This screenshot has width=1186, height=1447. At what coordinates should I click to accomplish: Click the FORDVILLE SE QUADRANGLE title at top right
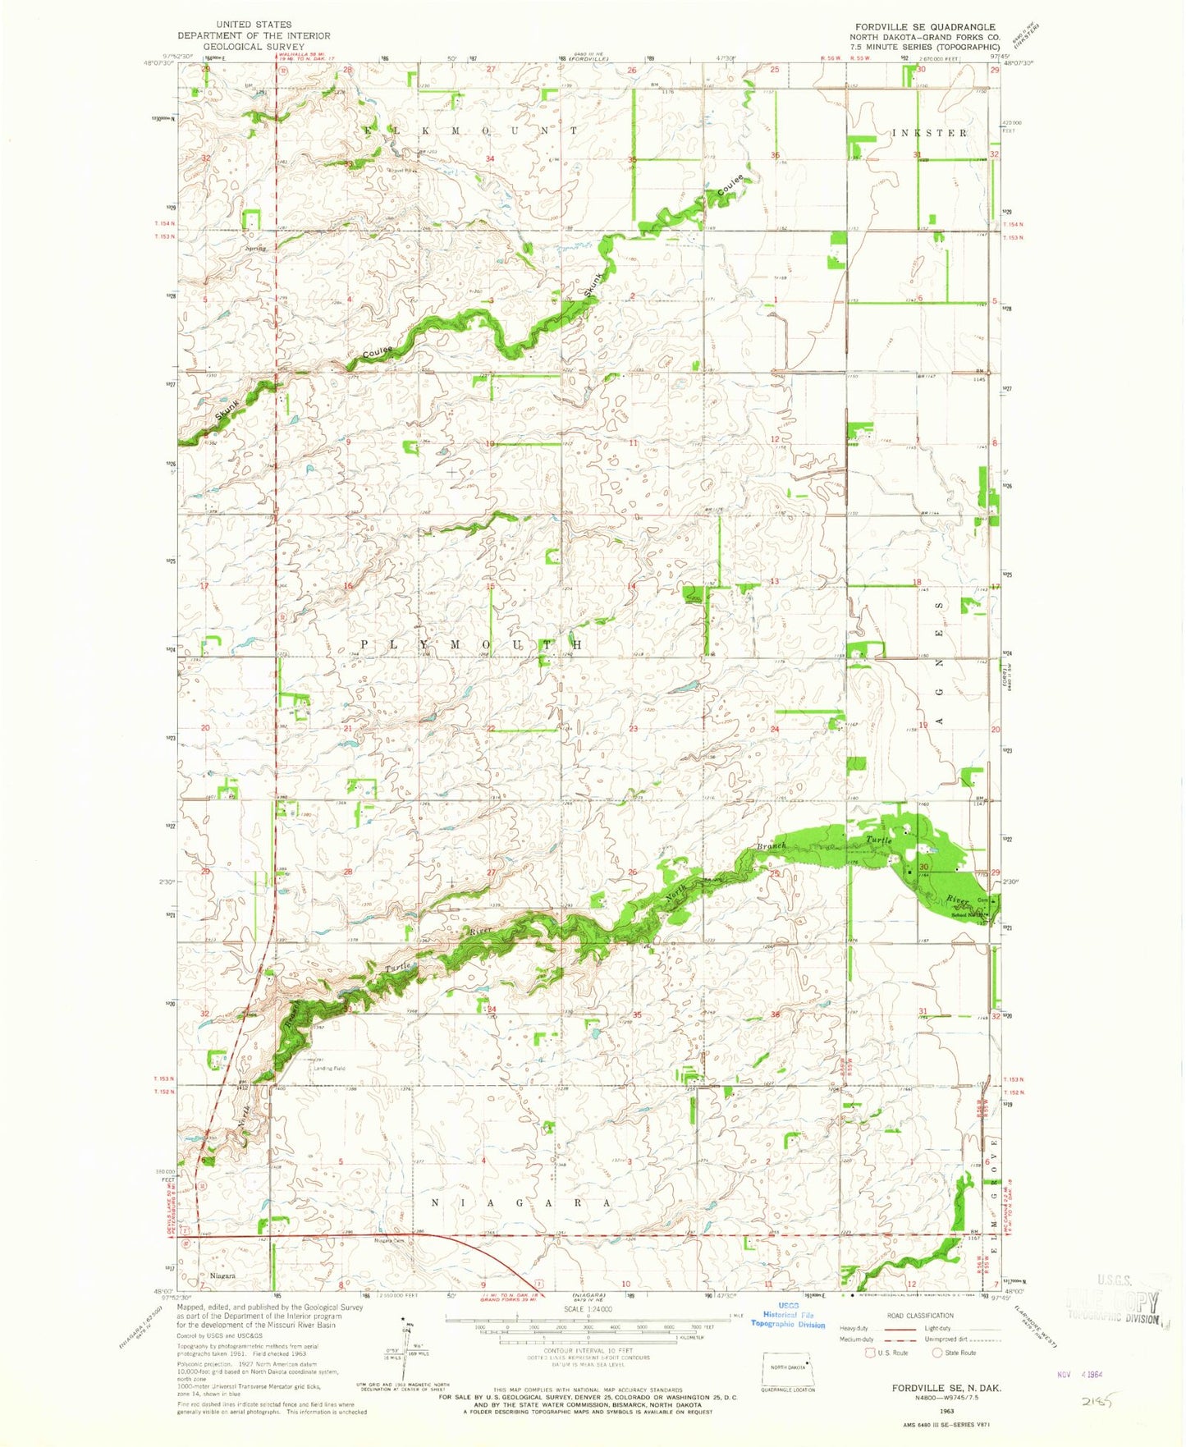(923, 26)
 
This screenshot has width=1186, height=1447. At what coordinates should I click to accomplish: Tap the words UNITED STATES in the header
(254, 25)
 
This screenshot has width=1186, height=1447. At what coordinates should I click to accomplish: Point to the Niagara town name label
(222, 1276)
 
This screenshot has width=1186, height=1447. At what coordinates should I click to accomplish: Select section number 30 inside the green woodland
(923, 867)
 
